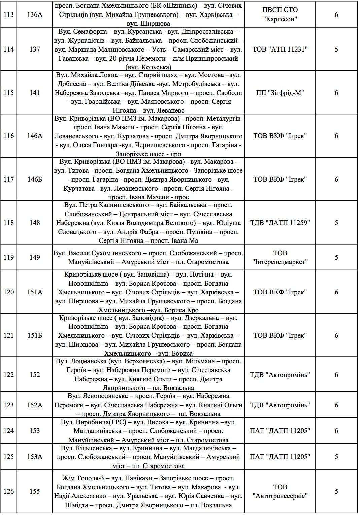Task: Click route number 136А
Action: point(35,15)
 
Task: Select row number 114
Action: point(9,49)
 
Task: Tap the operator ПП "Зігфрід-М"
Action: point(280,93)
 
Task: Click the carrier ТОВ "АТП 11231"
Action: point(280,49)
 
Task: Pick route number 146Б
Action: point(35,179)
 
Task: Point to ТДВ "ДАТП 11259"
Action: point(280,223)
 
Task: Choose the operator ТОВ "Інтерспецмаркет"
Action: point(280,257)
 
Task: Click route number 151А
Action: point(35,292)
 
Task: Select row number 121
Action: point(9,335)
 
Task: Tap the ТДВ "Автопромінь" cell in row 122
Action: point(280,375)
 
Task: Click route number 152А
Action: point(35,405)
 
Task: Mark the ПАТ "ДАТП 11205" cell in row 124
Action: point(280,431)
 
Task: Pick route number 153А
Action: point(35,457)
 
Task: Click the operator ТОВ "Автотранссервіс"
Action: point(280,491)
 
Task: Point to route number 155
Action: point(35,491)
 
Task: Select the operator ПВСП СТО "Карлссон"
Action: point(280,15)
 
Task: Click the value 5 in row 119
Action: point(336,257)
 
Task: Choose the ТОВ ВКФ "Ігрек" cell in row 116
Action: point(280,136)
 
